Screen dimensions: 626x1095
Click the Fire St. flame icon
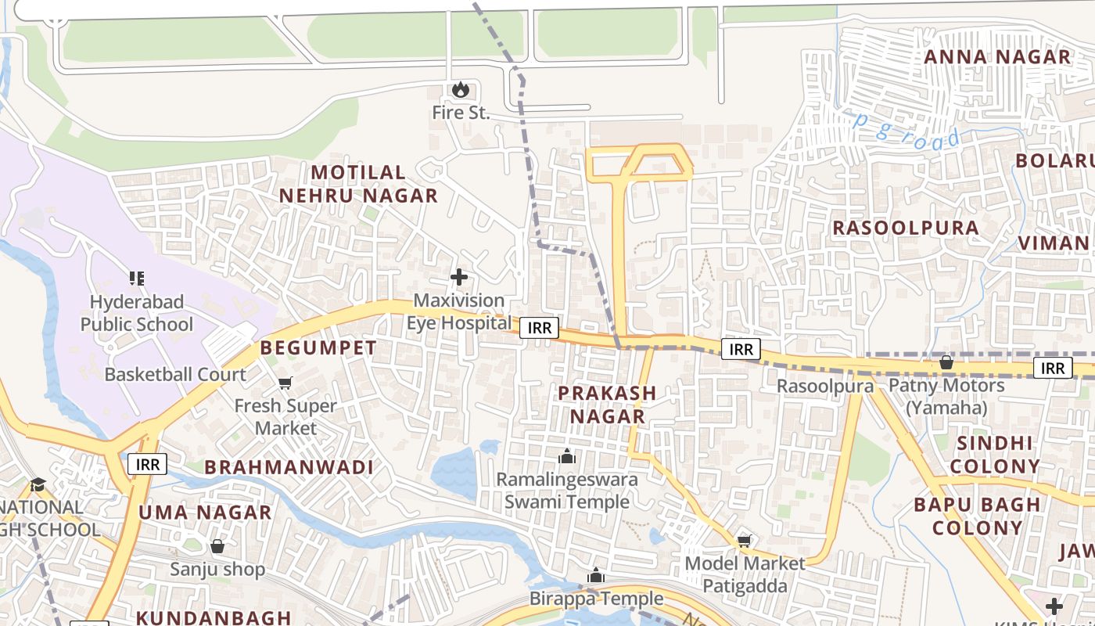coord(461,90)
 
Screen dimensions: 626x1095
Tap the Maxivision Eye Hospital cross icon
coord(459,277)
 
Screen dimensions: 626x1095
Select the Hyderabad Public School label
coord(136,313)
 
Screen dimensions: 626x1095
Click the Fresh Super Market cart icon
coord(285,383)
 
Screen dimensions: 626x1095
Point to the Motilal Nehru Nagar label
coord(358,184)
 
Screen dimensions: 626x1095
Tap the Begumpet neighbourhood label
coord(318,348)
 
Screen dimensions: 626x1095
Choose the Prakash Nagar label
coord(607,405)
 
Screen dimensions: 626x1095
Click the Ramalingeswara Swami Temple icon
coord(567,456)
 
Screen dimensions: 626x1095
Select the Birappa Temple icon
coord(596,576)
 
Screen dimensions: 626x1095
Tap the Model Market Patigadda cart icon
coord(745,541)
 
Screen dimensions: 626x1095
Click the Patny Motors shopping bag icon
coord(946,362)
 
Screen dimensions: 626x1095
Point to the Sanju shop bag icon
coord(217,546)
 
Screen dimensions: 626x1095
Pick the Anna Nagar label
coord(997,57)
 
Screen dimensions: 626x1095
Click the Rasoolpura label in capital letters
coord(905,228)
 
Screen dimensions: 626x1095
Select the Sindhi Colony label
coord(994,455)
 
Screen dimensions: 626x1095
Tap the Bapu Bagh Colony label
coord(977,516)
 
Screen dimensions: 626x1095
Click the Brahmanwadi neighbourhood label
coord(289,467)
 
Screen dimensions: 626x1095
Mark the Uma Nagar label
coord(205,513)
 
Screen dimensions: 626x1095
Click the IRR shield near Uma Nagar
coord(147,464)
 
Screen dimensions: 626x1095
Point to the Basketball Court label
coord(175,374)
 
